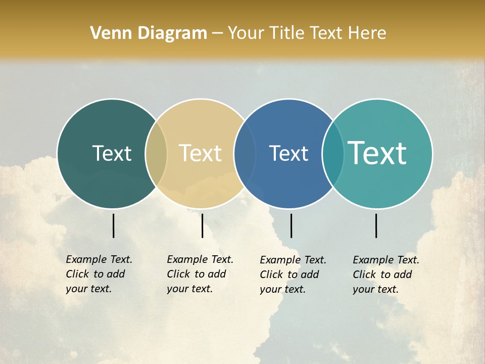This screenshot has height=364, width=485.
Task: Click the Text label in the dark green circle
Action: (x=112, y=153)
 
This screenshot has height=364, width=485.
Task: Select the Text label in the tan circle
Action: (x=200, y=153)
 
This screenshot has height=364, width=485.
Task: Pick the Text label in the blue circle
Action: (x=288, y=153)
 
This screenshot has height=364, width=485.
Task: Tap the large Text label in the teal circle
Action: (x=377, y=153)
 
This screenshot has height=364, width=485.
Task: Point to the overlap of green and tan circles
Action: (x=156, y=154)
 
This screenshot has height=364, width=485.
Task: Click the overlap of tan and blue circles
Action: (x=245, y=154)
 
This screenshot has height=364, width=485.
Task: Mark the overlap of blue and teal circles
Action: (x=333, y=154)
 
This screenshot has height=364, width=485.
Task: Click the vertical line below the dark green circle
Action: (x=114, y=225)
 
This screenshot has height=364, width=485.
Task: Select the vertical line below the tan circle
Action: (x=202, y=225)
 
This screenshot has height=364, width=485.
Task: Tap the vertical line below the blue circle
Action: (x=292, y=225)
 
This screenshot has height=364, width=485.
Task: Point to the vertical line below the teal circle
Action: (x=376, y=225)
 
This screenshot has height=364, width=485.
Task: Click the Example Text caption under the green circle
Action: (x=99, y=274)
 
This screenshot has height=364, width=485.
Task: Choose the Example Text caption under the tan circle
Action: (x=200, y=274)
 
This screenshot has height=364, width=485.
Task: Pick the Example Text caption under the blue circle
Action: (x=293, y=275)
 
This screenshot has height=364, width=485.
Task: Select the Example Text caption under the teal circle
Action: (x=386, y=275)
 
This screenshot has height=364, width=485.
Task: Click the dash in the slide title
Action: (x=217, y=34)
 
